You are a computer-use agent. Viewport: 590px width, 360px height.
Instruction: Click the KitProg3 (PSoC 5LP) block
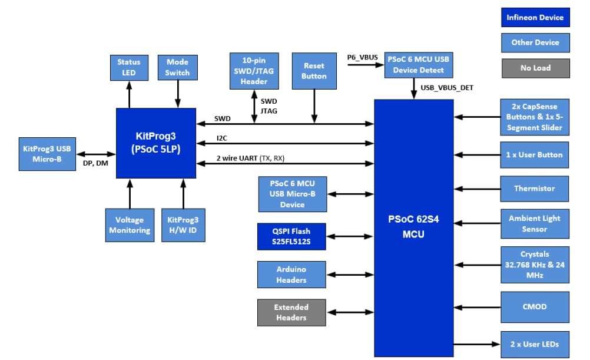(156, 143)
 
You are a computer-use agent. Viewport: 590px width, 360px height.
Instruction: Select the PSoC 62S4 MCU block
(413, 227)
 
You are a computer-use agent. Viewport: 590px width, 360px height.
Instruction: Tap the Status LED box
(129, 67)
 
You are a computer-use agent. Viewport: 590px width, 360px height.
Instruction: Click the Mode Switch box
(177, 67)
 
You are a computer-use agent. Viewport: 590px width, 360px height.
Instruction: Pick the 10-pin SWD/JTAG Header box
(254, 71)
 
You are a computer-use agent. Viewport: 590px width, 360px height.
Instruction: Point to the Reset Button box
(314, 71)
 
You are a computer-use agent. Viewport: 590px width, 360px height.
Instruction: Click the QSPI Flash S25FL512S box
(291, 236)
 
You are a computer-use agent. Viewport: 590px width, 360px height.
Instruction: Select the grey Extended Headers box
(291, 312)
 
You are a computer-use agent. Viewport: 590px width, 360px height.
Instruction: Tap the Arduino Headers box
(291, 275)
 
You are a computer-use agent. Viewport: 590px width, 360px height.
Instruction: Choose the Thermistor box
(535, 189)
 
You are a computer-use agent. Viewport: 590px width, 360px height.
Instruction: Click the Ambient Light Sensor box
(535, 223)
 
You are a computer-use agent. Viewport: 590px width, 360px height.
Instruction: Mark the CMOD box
(535, 307)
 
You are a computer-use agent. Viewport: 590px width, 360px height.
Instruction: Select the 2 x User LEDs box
(535, 344)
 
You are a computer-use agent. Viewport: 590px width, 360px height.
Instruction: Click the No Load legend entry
(535, 68)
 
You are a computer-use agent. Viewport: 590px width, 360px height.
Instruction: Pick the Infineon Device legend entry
(535, 17)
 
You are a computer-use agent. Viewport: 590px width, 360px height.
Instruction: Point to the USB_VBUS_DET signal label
(447, 88)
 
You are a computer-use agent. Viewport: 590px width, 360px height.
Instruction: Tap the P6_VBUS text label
(362, 57)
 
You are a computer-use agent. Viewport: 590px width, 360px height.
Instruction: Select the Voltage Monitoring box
(130, 225)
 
